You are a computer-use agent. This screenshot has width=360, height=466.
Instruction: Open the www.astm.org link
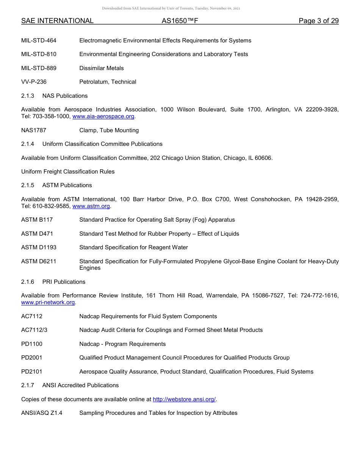[91, 206]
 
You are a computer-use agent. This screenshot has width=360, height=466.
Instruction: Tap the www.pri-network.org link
[48, 302]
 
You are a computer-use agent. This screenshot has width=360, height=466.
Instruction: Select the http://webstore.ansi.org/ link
[184, 399]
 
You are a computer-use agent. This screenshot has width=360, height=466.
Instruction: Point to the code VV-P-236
[34, 82]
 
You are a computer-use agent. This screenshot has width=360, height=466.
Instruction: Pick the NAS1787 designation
[34, 130]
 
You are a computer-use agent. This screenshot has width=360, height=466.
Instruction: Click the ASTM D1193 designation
[39, 247]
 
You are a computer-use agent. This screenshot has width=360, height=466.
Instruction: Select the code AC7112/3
[34, 330]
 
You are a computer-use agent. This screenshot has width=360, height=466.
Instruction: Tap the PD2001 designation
[32, 358]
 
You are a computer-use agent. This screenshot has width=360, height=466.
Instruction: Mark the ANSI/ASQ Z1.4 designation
[42, 413]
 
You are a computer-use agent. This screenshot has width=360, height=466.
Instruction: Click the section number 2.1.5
[28, 185]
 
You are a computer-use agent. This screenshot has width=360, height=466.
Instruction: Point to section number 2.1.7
[28, 385]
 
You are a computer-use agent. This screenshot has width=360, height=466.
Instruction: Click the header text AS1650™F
[180, 21]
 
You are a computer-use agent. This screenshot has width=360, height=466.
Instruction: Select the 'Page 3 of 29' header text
[319, 21]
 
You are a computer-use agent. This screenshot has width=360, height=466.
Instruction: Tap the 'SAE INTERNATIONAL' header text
[57, 21]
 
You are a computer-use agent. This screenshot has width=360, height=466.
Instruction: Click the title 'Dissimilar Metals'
[102, 68]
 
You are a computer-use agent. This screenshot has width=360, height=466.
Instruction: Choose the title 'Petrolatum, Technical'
[108, 82]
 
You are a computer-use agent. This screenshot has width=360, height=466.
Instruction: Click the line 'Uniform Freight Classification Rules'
[68, 172]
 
